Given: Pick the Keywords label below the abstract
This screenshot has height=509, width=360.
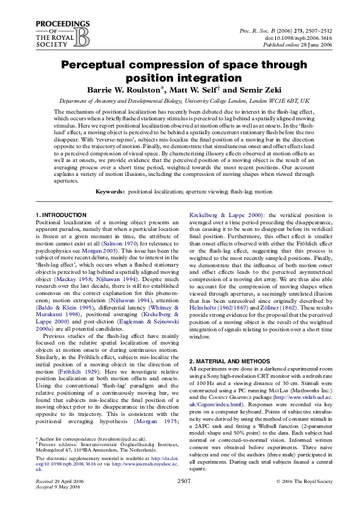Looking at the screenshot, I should [x=110, y=192].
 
